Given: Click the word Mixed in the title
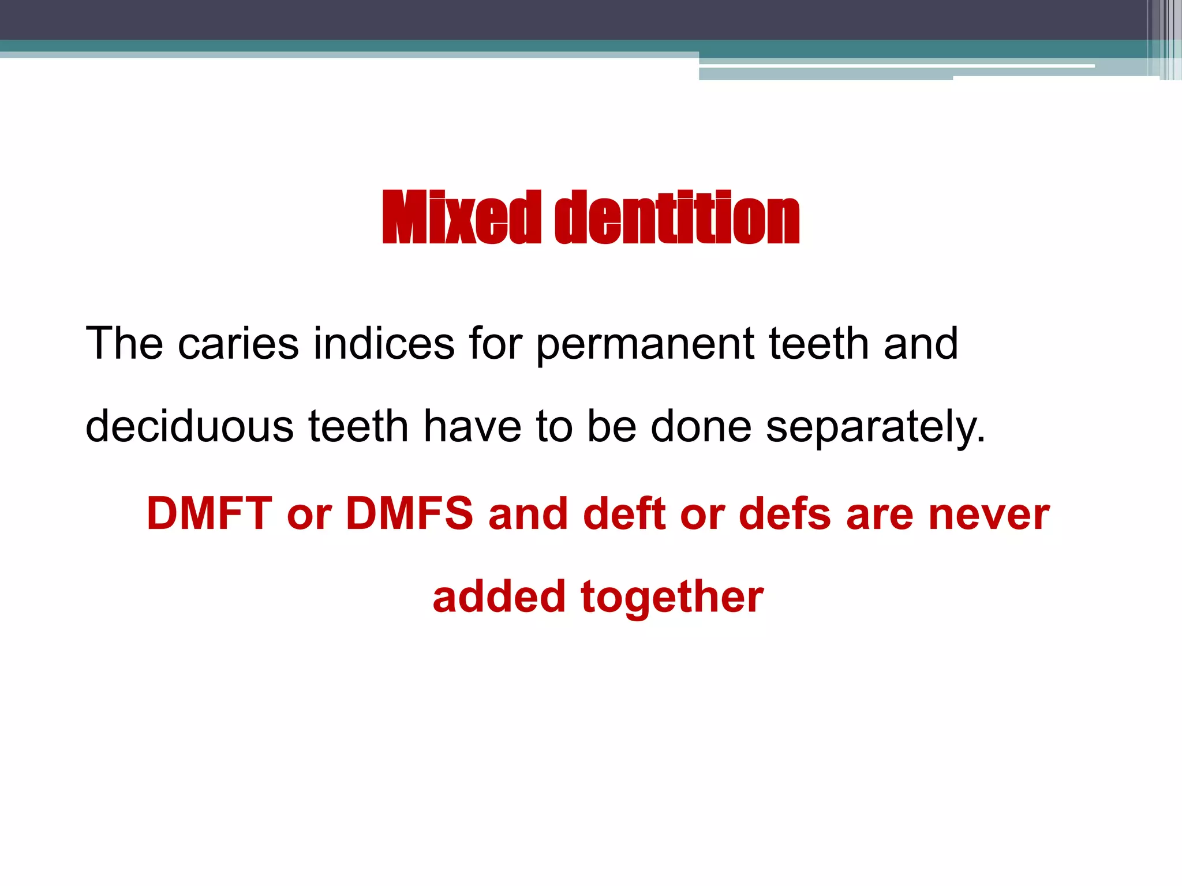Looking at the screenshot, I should (x=462, y=217).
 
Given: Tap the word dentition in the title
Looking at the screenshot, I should (x=678, y=217).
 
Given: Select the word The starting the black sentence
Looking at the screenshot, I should (x=124, y=343).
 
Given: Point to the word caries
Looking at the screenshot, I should (x=238, y=344).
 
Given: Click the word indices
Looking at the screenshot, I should (x=384, y=343).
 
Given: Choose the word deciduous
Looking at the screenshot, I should (x=190, y=426).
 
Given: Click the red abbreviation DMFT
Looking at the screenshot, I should (x=209, y=513).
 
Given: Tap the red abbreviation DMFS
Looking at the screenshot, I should (x=409, y=513).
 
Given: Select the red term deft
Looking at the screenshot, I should (x=625, y=513).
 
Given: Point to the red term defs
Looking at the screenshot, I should (x=785, y=513).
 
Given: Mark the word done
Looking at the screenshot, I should (x=701, y=426).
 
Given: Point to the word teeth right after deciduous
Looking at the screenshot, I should (x=358, y=426).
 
